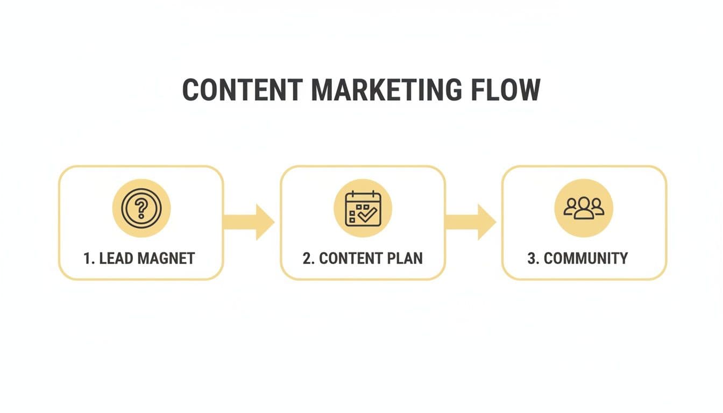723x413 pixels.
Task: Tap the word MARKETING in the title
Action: coord(386,90)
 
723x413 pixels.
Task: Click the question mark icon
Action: coord(141,208)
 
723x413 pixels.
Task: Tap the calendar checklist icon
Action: coord(363,208)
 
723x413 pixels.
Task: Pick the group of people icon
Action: coord(584,208)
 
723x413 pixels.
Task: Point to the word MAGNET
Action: coord(166,258)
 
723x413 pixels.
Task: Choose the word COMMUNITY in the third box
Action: coord(586,258)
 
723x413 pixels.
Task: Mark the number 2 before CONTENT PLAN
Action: coord(307,258)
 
